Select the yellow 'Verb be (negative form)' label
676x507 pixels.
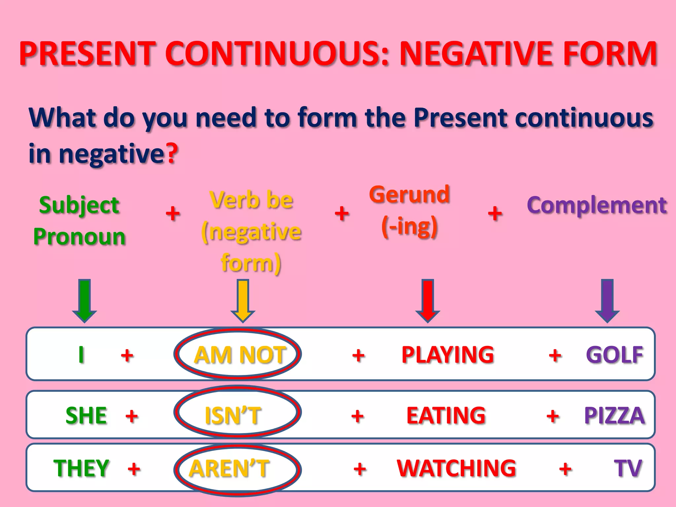251,231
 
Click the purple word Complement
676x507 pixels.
597,205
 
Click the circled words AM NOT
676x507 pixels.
240,355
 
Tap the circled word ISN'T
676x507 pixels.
233,415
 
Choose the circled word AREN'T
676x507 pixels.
229,468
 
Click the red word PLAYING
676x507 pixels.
448,355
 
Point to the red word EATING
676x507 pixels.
446,415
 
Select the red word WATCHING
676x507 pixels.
456,468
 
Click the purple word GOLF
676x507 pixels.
615,355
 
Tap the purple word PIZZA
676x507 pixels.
614,415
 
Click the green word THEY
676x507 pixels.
81,468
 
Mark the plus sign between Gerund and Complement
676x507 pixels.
495,213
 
